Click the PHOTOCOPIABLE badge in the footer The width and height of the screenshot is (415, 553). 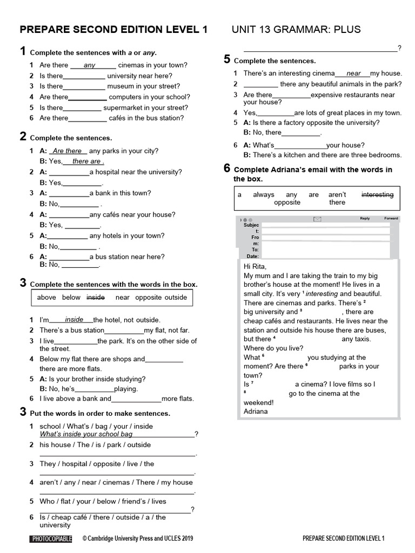[x=51, y=538]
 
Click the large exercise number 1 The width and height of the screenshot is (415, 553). [x=23, y=52]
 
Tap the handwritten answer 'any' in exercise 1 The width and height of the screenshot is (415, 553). [x=90, y=65]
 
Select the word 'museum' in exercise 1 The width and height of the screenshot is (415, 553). [x=121, y=86]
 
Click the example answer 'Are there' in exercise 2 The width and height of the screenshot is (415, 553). [x=67, y=151]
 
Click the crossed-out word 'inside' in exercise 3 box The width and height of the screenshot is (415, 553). [x=96, y=298]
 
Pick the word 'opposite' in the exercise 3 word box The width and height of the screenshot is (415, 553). [x=149, y=298]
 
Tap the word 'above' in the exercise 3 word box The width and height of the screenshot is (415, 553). [x=46, y=298]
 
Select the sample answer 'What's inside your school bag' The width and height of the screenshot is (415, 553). [x=86, y=434]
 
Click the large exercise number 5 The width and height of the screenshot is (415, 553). [x=227, y=60]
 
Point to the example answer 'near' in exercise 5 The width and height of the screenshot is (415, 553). [x=353, y=73]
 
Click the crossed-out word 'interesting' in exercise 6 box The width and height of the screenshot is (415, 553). [x=377, y=195]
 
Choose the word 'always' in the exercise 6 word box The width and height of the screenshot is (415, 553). [x=264, y=195]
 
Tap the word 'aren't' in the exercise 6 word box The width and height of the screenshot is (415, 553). [x=337, y=195]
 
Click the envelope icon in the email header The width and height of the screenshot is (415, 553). [x=317, y=219]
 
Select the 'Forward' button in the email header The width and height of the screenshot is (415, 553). [x=391, y=219]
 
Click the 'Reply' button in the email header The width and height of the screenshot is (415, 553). [x=365, y=219]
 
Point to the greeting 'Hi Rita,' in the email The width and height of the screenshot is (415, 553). [x=255, y=267]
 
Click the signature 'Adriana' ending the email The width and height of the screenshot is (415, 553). [x=256, y=412]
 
